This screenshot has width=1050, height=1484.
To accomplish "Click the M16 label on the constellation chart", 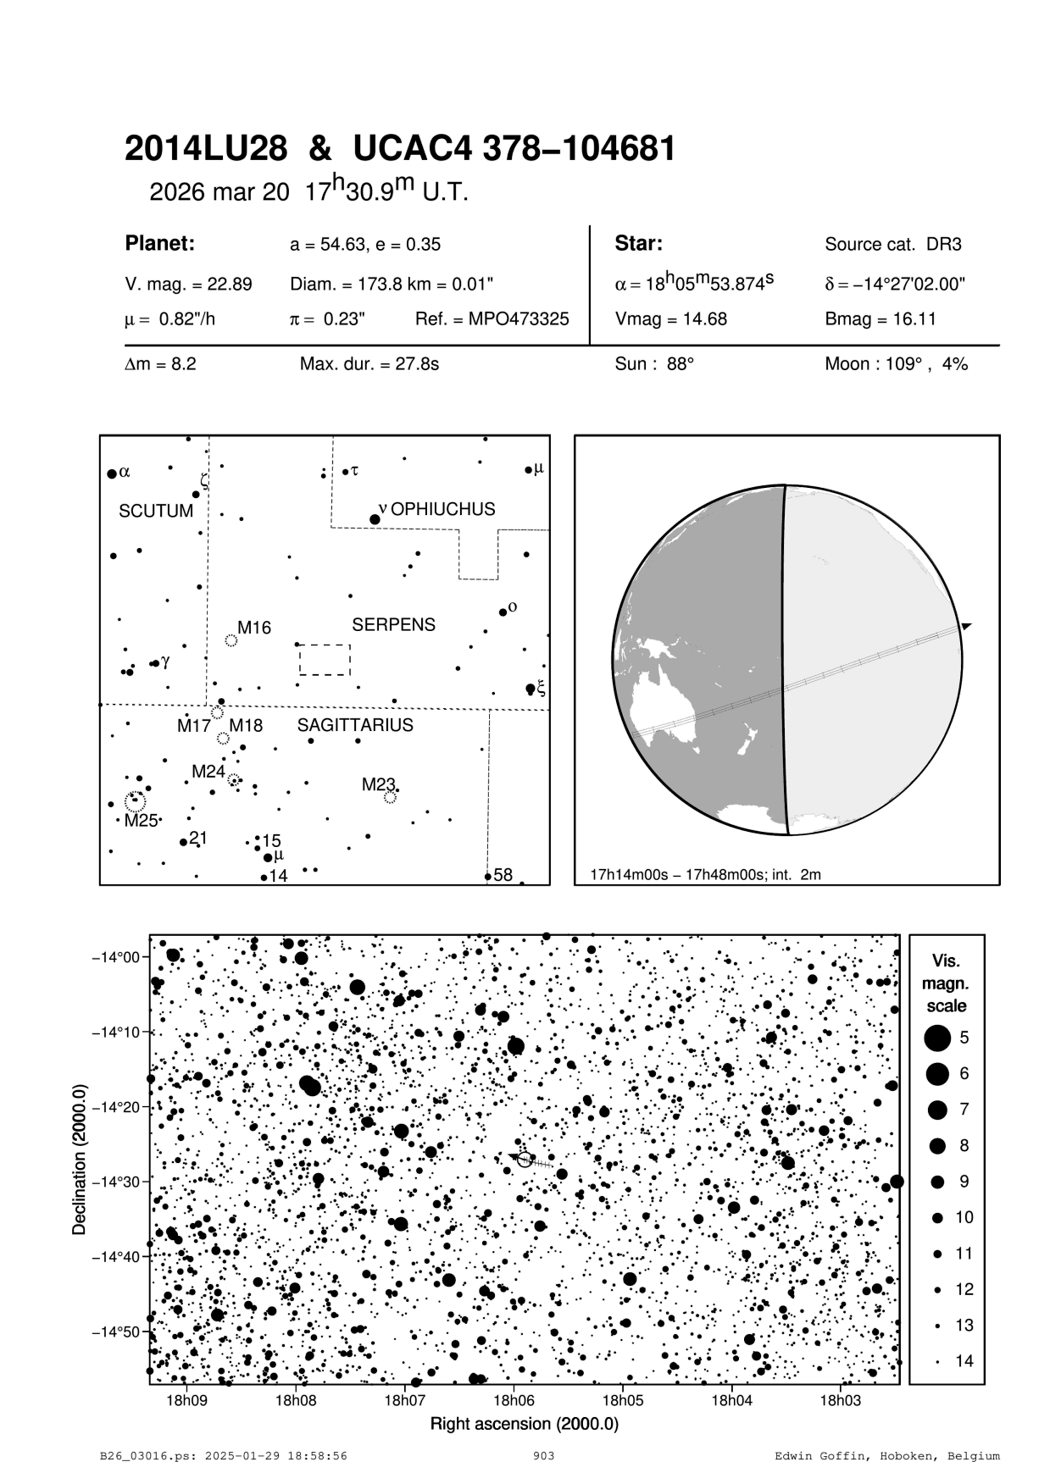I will coord(253,628).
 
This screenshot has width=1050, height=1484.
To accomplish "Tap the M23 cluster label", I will coord(378,784).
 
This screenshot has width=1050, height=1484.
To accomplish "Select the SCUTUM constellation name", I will coord(156,512).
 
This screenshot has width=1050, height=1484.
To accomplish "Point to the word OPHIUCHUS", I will coord(442,509).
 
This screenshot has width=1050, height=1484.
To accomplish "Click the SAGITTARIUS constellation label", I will coord(355,725).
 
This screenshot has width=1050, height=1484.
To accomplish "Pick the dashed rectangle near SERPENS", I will coord(325,660).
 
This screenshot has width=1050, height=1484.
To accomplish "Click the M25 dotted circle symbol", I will coord(135,800).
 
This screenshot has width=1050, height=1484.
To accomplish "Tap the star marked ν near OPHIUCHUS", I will coord(375,518).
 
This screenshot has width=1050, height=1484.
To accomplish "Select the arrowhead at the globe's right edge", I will coord(965,626).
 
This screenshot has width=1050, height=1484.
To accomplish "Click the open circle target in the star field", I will coord(525,1160).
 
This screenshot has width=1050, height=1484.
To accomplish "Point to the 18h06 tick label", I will coord(513,1401).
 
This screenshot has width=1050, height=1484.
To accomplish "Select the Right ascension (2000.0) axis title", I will coord(525,1424).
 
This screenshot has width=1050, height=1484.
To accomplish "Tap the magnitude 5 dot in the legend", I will coord(937,1037).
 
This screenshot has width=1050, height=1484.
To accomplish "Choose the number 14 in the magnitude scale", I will coord(964,1361).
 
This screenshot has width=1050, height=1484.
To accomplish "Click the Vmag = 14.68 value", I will coord(670,319).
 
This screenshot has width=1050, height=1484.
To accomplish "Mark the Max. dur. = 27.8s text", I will coord(369,364).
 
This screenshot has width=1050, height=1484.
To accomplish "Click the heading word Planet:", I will coord(160,244).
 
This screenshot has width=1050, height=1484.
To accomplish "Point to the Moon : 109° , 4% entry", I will coord(896,364).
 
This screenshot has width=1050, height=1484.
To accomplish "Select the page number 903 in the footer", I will coord(543,1456).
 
